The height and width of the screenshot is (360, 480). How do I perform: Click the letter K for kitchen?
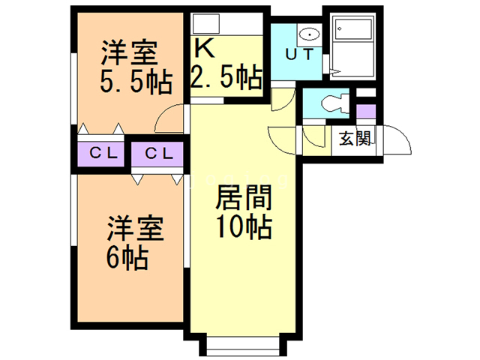pyautogui.click(x=205, y=49)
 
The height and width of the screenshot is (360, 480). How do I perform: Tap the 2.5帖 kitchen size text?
pyautogui.click(x=227, y=76)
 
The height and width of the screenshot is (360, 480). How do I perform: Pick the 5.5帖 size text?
pyautogui.click(x=135, y=79)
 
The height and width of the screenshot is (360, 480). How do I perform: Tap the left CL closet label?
pyautogui.click(x=103, y=154)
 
